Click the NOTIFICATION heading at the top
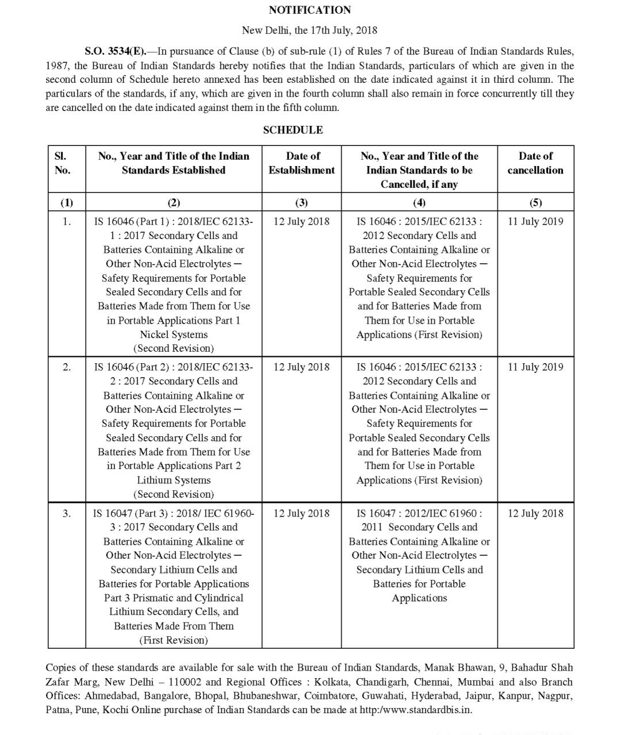(309, 10)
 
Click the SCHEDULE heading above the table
(293, 130)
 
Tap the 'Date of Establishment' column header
(301, 163)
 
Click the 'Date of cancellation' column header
(535, 163)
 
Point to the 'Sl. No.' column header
(62, 163)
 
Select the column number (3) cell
(301, 202)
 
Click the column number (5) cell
(535, 202)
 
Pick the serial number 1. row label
(67, 221)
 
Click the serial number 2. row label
(67, 367)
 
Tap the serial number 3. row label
(67, 513)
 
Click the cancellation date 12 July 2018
(535, 513)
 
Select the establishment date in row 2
(301, 367)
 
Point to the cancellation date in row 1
(535, 221)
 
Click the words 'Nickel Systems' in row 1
(174, 334)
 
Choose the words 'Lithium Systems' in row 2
(174, 480)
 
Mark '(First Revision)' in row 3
(174, 640)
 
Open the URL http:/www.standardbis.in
(415, 710)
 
